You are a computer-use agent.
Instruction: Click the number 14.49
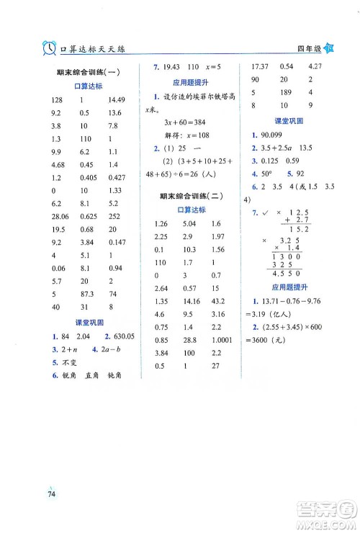click(117, 100)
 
